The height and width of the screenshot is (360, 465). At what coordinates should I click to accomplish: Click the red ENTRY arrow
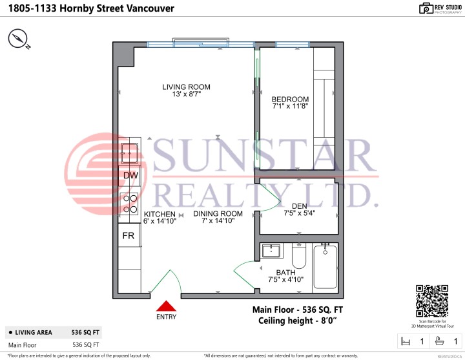[x=166, y=306]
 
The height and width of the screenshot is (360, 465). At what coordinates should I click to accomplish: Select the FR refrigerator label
[x=129, y=235]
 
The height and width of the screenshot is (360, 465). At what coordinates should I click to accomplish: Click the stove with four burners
[x=129, y=204]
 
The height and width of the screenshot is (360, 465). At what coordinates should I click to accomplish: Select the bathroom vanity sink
[x=272, y=251]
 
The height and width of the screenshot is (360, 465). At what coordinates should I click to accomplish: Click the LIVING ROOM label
[x=186, y=87]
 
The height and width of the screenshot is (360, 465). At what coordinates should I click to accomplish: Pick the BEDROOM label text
[x=290, y=99]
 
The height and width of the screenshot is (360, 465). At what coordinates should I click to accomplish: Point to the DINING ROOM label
[x=218, y=214]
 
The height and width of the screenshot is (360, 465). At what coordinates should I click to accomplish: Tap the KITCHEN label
[x=160, y=214]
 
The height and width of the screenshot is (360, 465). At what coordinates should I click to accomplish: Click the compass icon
[x=19, y=40]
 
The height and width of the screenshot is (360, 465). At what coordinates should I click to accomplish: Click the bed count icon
[x=406, y=341]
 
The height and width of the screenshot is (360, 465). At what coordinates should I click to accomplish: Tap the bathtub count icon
[x=439, y=341]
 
